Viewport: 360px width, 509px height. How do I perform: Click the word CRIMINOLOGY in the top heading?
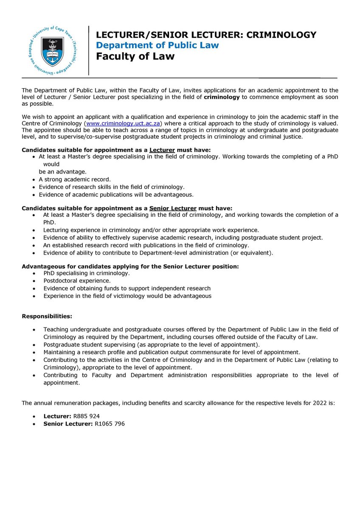pos(281,35)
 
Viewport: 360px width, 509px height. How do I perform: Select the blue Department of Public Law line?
pos(157,45)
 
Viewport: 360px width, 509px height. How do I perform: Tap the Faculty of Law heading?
pos(135,56)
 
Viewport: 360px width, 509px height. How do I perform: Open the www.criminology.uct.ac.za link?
pos(122,123)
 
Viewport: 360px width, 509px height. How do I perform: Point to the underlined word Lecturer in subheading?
pos(162,150)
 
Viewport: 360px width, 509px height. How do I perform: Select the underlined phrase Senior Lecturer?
pos(172,208)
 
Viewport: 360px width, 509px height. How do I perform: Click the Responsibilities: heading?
pos(47,316)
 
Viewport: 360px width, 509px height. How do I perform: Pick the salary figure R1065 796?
pos(109,424)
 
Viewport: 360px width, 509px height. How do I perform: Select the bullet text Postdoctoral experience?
pos(77,281)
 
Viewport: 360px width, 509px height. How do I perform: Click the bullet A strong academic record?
pos(75,179)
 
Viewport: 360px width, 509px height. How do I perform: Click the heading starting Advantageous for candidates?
pos(130,266)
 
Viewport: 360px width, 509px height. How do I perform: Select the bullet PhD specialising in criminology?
pos(87,274)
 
